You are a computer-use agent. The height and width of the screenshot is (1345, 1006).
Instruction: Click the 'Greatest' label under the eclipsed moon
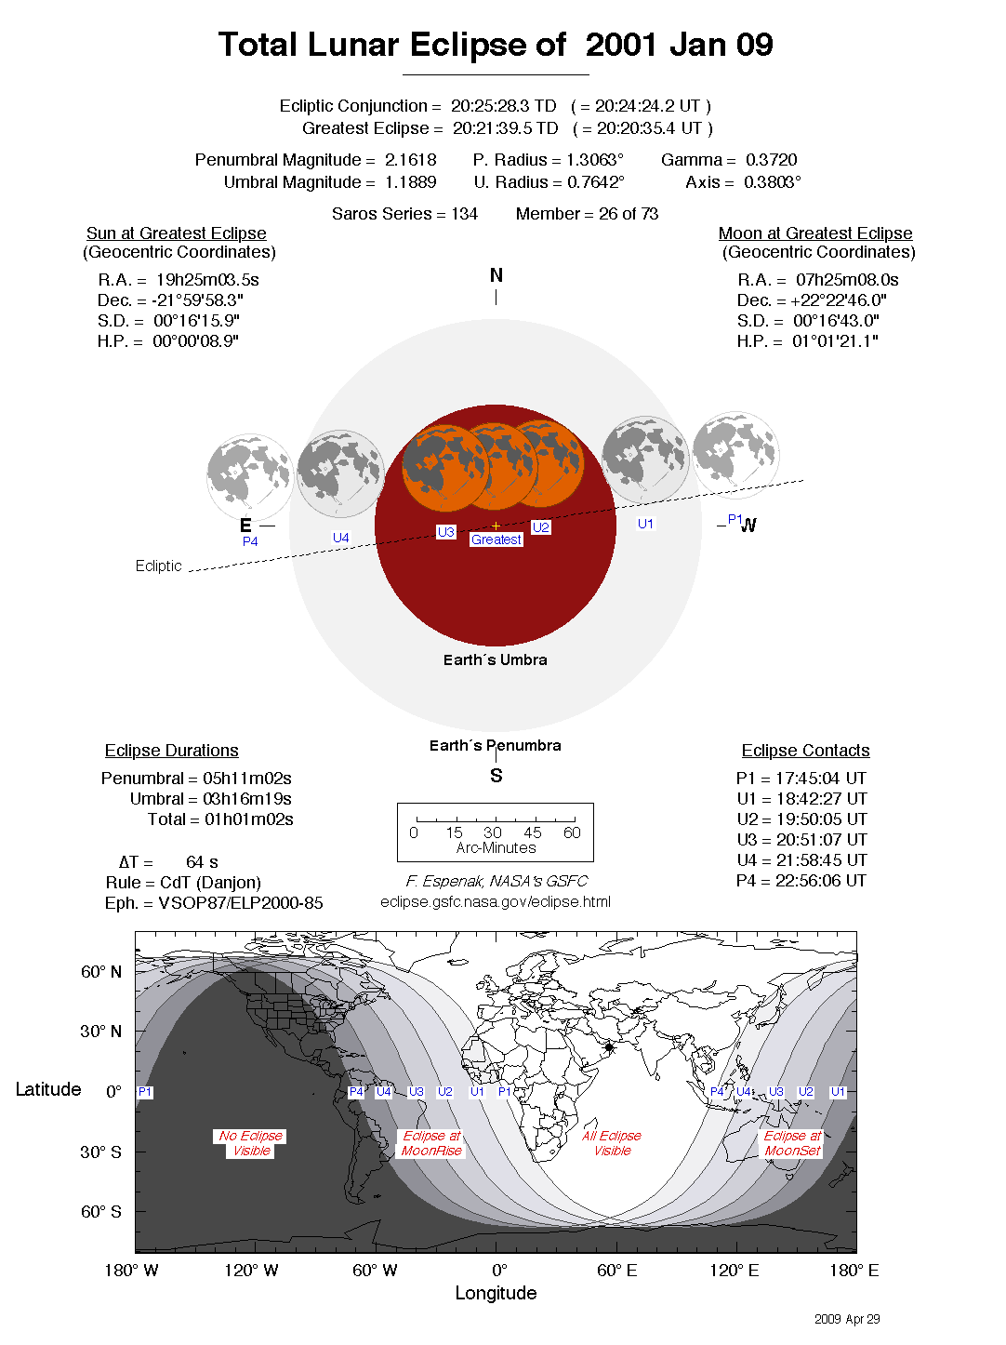[496, 539]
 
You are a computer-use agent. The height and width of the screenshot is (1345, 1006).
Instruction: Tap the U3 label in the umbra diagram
[445, 532]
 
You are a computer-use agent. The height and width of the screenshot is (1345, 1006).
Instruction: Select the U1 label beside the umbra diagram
[645, 524]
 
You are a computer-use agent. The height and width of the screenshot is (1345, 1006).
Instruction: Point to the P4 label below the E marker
[250, 541]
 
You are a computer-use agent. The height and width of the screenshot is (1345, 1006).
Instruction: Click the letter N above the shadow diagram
[496, 275]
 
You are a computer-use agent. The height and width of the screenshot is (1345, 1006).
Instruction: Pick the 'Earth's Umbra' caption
[495, 659]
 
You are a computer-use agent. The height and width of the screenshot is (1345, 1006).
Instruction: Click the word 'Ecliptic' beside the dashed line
[158, 566]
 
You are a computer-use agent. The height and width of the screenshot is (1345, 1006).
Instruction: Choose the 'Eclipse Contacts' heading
[805, 751]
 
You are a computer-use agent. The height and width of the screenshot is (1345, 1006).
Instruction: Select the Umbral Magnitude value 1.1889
[410, 182]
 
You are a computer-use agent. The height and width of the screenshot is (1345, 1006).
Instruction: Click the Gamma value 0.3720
[771, 160]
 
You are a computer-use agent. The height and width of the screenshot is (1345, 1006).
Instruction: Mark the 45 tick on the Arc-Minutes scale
[533, 832]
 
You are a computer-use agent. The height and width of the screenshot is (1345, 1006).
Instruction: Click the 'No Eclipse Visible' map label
[251, 1143]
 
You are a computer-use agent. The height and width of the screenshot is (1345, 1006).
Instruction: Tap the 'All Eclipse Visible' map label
[612, 1143]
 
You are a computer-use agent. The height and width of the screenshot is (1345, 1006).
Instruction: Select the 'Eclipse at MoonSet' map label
[792, 1143]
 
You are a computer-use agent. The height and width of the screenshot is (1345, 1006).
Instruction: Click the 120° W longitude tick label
[251, 1271]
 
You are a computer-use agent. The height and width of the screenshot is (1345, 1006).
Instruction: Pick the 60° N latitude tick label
[100, 972]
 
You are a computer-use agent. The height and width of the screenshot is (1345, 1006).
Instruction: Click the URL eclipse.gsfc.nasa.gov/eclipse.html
[496, 901]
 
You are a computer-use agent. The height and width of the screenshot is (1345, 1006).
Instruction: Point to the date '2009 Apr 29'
[847, 1319]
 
